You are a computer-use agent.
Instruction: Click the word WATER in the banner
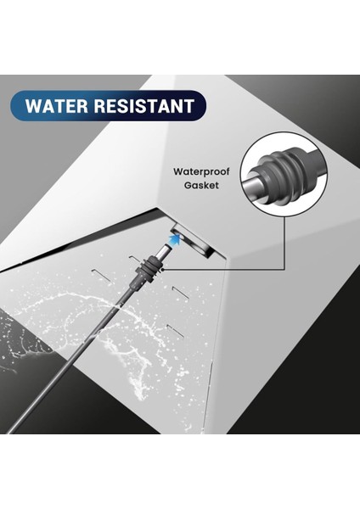pos(59,108)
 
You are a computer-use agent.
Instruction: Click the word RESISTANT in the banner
pos(145,108)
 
